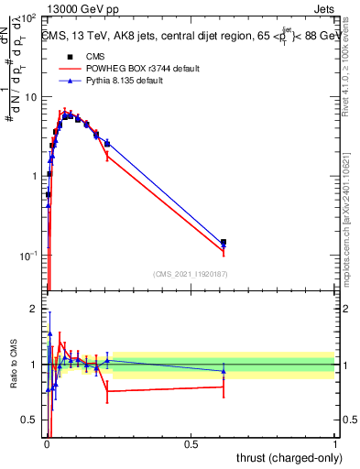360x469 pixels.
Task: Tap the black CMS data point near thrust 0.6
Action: click(x=224, y=242)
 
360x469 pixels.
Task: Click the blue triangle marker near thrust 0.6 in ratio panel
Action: click(x=224, y=371)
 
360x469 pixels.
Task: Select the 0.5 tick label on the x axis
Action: click(x=191, y=443)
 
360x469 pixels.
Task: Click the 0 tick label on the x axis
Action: click(x=46, y=443)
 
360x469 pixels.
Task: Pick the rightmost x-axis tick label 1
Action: click(x=335, y=443)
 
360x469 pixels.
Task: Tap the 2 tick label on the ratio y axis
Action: click(x=33, y=309)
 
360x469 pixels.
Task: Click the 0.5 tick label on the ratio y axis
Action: click(x=28, y=420)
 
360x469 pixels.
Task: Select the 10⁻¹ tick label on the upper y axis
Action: click(x=28, y=255)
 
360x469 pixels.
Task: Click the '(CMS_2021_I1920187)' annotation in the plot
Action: click(x=190, y=274)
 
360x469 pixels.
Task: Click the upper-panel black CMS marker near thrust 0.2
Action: click(x=107, y=143)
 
